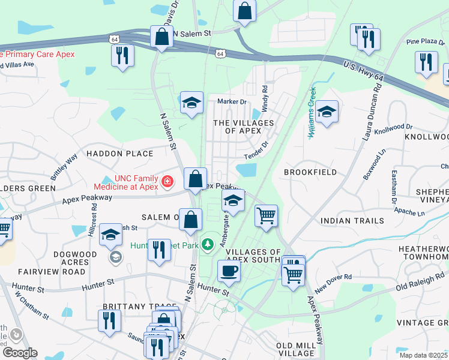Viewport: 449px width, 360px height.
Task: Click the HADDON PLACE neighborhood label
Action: click(119, 154)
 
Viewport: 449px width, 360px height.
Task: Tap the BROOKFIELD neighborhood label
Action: click(310, 172)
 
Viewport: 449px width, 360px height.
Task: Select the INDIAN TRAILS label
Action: click(352, 221)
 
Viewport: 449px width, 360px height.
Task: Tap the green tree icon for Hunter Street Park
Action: click(208, 244)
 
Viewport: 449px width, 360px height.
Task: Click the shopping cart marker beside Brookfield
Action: click(266, 215)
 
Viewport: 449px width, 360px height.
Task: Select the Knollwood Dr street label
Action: click(393, 128)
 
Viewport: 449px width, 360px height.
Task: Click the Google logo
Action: click(19, 353)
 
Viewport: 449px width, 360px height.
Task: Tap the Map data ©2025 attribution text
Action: click(423, 355)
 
